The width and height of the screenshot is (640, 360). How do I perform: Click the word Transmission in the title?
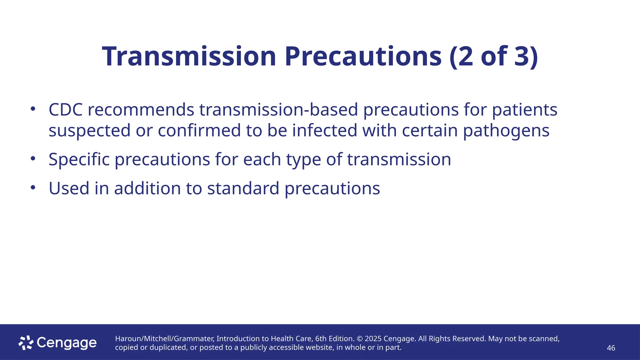pos(189,57)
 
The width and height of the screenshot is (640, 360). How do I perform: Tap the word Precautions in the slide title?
pos(363,57)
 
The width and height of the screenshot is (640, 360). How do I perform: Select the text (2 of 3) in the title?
pos(494,57)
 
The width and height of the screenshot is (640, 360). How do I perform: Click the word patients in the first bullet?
pos(525,110)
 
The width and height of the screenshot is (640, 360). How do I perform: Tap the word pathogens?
pos(506,131)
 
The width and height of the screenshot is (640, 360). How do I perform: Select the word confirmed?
pos(199,131)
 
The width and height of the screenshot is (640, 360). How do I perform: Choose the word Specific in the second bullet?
pos(79,160)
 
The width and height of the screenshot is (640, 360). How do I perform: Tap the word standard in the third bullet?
pos(243,189)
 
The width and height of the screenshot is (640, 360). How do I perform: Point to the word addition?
pos(147,189)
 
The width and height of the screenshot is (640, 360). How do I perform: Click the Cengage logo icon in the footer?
pos(26,343)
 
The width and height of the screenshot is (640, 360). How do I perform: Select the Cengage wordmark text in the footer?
pos(67,343)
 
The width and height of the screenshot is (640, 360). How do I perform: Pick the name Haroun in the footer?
pos(128,339)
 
